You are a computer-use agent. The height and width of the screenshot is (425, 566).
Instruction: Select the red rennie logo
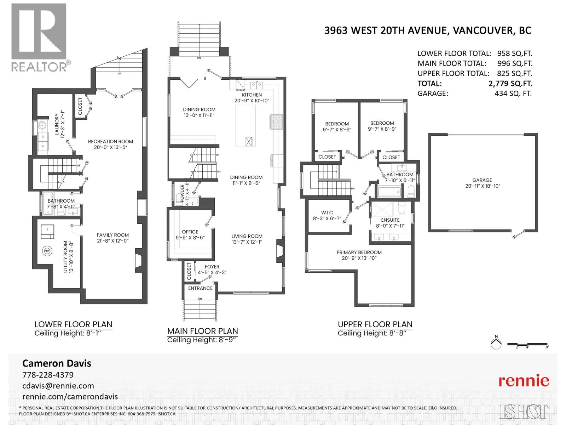[x=524, y=381]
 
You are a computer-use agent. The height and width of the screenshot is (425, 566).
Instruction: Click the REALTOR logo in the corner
[x=39, y=37]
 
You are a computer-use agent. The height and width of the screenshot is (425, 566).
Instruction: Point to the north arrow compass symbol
[x=496, y=343]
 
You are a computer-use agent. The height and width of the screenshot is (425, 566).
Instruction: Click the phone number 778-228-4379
[x=48, y=375]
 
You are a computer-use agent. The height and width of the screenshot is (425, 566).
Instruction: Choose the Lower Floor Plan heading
[x=73, y=324]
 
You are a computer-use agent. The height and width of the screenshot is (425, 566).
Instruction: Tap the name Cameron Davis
[x=57, y=363]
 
